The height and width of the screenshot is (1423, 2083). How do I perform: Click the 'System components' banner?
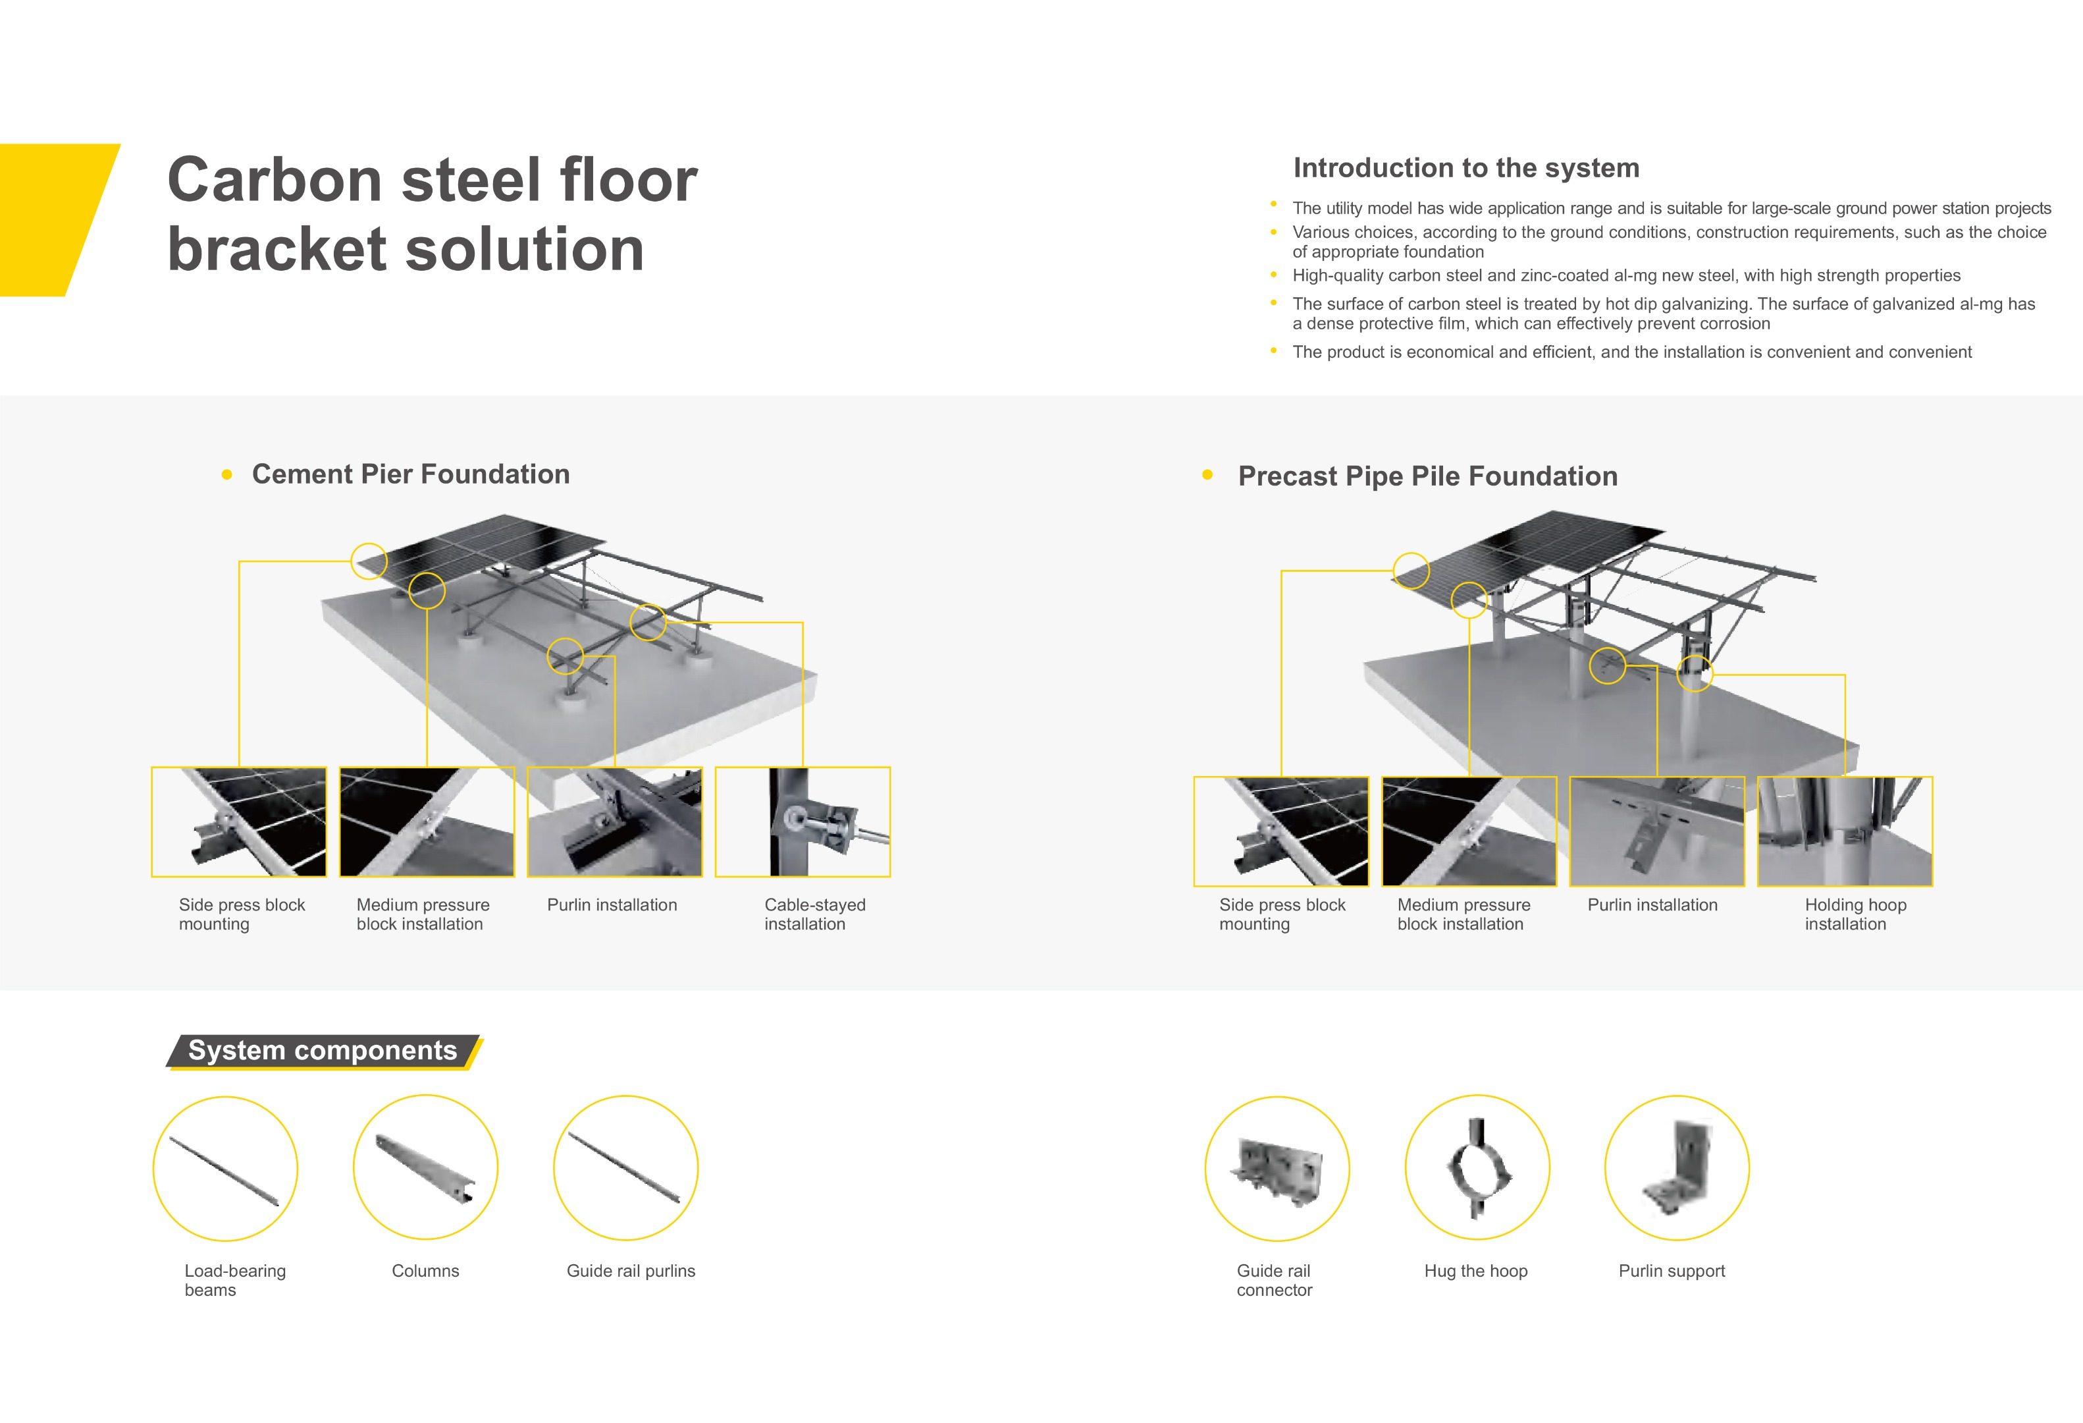pyautogui.click(x=323, y=1051)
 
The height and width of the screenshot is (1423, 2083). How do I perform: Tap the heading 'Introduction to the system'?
pyautogui.click(x=1466, y=168)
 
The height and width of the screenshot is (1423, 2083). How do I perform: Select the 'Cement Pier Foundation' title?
pyautogui.click(x=411, y=474)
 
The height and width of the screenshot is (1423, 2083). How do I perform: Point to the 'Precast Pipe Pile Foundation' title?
pyautogui.click(x=1428, y=476)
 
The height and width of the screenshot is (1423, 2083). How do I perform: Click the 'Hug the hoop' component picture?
pyautogui.click(x=1477, y=1167)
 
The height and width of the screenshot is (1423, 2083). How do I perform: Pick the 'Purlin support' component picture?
pyautogui.click(x=1677, y=1167)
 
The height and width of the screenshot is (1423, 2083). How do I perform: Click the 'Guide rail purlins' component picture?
pyautogui.click(x=625, y=1167)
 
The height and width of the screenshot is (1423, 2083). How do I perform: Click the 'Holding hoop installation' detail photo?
pyautogui.click(x=1845, y=831)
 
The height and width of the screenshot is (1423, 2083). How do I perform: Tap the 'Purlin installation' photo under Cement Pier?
pyautogui.click(x=615, y=822)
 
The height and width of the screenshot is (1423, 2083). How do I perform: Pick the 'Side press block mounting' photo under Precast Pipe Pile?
pyautogui.click(x=1282, y=831)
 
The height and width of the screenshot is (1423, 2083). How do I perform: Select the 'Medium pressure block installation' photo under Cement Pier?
pyautogui.click(x=427, y=822)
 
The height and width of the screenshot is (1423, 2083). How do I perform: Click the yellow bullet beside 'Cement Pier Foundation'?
pyautogui.click(x=226, y=474)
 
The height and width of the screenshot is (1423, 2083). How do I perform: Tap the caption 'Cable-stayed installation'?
pyautogui.click(x=815, y=914)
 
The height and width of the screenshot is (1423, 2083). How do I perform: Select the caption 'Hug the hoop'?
pyautogui.click(x=1476, y=1271)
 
